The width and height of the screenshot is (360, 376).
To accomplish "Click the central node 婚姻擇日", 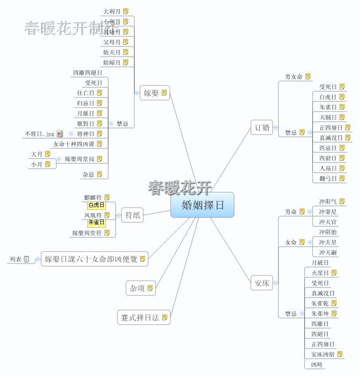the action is (x=202, y=205).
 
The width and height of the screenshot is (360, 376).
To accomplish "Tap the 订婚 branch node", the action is (x=262, y=127).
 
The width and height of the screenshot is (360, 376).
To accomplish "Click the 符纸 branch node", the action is (x=132, y=216).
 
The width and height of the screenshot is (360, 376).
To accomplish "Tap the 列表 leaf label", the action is (x=15, y=259).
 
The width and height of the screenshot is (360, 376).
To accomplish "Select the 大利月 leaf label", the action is (x=112, y=11).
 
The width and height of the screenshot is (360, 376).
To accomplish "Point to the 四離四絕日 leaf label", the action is (x=87, y=73).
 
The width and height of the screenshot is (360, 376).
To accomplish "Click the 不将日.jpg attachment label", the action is (x=39, y=134).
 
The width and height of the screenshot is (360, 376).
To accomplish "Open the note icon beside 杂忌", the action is (x=99, y=174).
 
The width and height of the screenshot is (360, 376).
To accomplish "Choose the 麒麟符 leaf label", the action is (x=93, y=198).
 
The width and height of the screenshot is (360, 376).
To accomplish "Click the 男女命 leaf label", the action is (x=293, y=77).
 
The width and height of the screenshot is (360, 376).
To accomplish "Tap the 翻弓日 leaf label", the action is (x=328, y=178).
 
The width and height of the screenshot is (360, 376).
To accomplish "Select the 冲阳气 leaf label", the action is (x=328, y=202).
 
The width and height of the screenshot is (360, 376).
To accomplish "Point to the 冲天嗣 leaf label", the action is (x=328, y=252).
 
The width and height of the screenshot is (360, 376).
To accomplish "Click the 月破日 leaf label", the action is (x=320, y=263).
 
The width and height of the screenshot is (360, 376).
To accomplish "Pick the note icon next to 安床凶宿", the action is (x=340, y=354).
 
